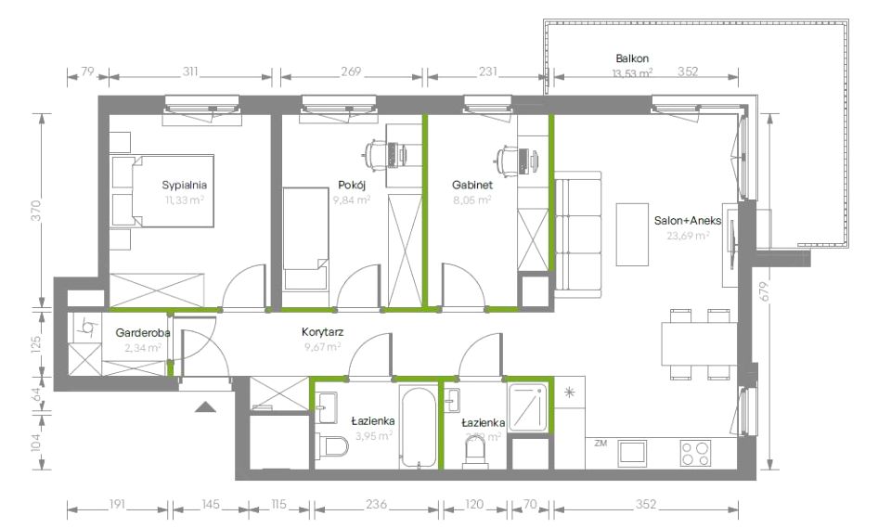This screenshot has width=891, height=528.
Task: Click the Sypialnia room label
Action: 184,184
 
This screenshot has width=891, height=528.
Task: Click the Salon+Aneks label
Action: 688,221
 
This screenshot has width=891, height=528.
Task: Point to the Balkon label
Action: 631,58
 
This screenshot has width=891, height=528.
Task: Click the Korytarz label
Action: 322,331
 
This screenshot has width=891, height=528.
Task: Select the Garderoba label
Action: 140,332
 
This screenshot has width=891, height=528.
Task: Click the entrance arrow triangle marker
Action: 205,406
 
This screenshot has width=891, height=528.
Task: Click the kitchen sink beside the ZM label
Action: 634,453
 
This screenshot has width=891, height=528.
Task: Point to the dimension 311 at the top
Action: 191,71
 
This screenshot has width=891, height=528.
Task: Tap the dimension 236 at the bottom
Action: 376,505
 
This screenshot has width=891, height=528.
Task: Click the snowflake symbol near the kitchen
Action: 568,393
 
